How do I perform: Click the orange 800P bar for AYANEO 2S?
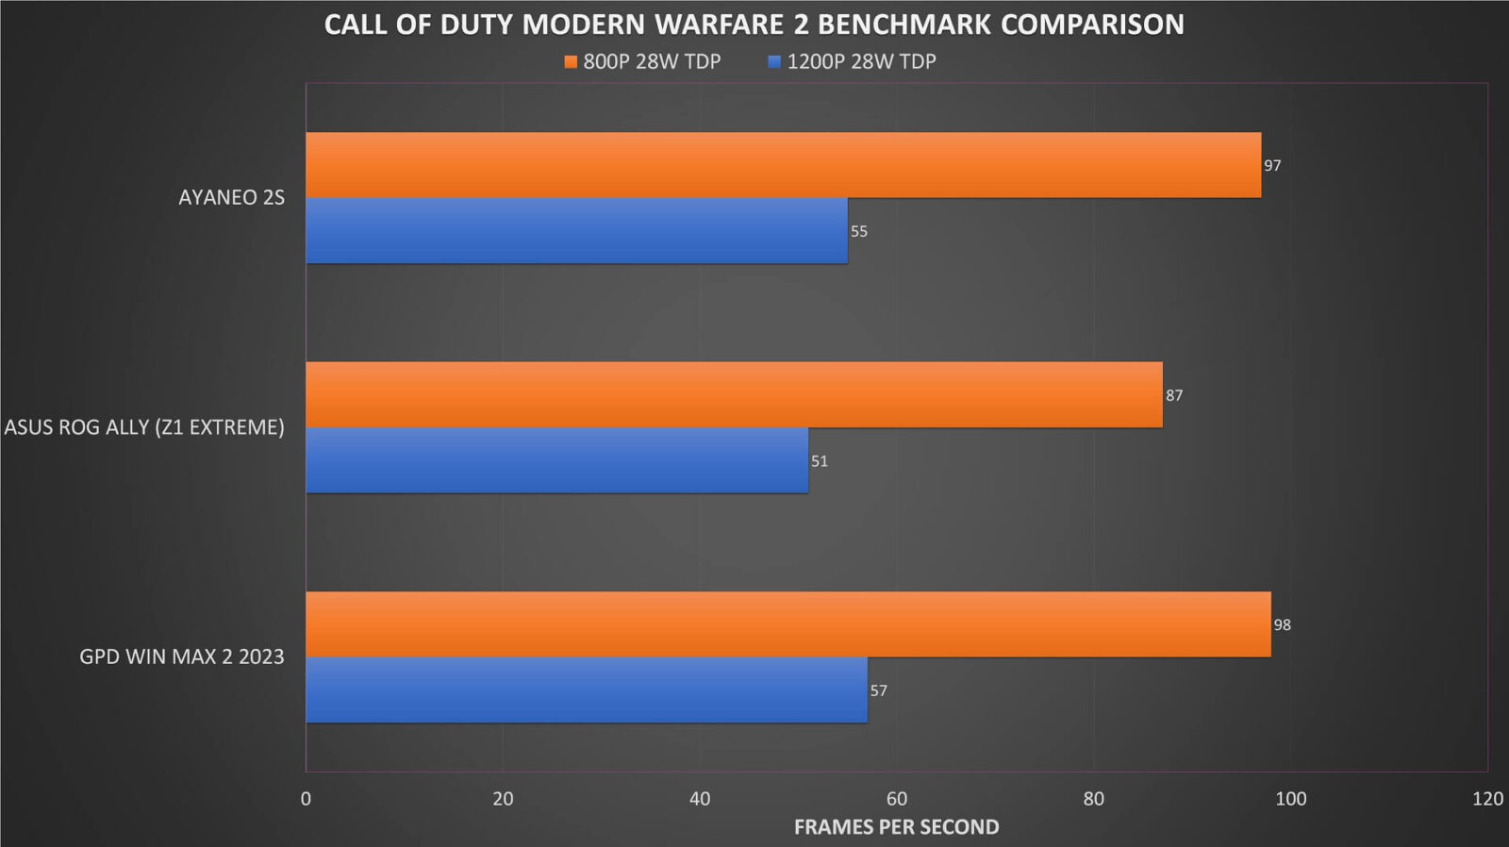pyautogui.click(x=783, y=165)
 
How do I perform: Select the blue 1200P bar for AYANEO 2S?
pyautogui.click(x=576, y=231)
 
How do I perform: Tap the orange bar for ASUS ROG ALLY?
pyautogui.click(x=734, y=394)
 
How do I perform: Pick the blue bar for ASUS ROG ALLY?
pyautogui.click(x=556, y=460)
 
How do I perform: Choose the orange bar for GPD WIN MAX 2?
pyautogui.click(x=788, y=624)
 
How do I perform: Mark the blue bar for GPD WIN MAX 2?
pyautogui.click(x=586, y=690)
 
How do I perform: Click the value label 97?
pyautogui.click(x=1272, y=166)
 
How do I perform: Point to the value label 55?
pyautogui.click(x=858, y=232)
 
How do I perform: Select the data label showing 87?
pyautogui.click(x=1174, y=395)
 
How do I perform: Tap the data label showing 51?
pyautogui.click(x=819, y=461)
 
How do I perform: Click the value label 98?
pyautogui.click(x=1282, y=625)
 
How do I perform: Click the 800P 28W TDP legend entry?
pyautogui.click(x=642, y=62)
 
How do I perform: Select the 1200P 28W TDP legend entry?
pyautogui.click(x=852, y=62)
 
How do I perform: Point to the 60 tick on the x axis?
pyautogui.click(x=896, y=799)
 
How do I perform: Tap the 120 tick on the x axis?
pyautogui.click(x=1487, y=799)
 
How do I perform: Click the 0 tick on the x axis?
pyautogui.click(x=306, y=799)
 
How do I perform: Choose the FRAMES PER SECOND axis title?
pyautogui.click(x=896, y=827)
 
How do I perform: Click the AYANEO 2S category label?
pyautogui.click(x=231, y=197)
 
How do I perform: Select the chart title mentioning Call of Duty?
pyautogui.click(x=754, y=25)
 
